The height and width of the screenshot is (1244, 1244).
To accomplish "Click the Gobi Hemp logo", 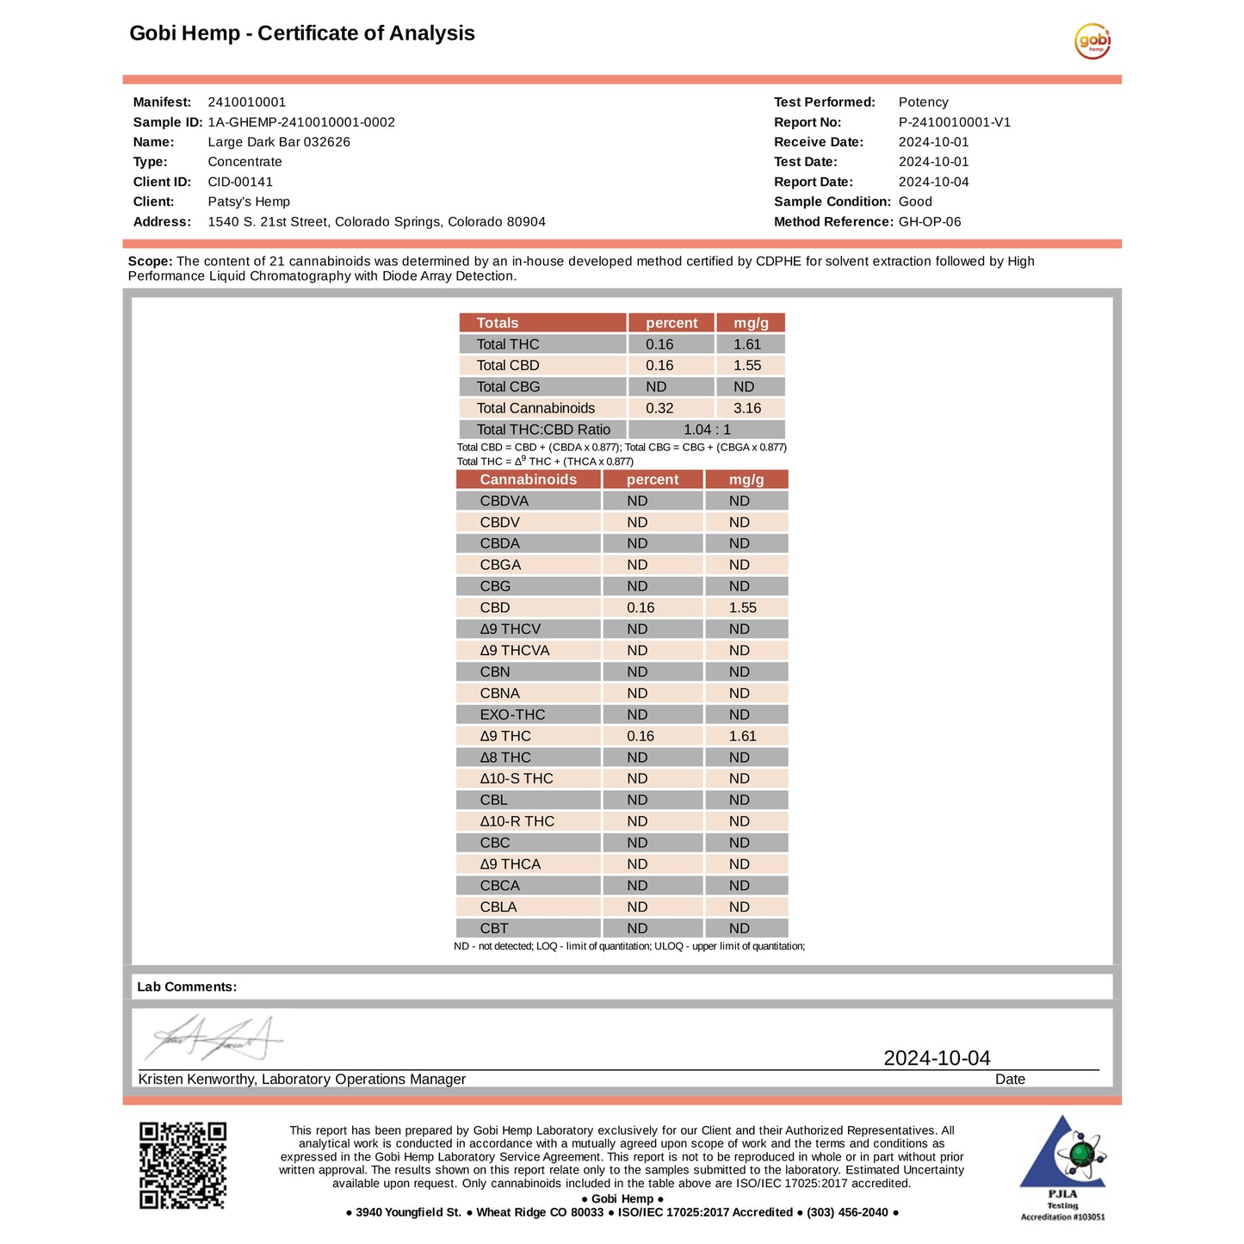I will (1092, 41).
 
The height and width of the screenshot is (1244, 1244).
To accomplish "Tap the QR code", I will (183, 1165).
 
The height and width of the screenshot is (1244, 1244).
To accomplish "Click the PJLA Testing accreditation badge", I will (1062, 1167).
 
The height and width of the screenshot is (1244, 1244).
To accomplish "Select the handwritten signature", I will (213, 1039).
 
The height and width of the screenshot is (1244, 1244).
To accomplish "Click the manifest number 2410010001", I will (246, 102).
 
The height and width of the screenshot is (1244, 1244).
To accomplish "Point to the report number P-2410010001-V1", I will (954, 122).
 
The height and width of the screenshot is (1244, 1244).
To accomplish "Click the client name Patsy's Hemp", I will (249, 201).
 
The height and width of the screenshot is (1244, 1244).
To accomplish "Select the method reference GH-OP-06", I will (930, 221).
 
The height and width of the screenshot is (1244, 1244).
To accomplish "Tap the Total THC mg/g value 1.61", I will (747, 344).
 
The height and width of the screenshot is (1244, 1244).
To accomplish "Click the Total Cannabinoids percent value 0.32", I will (659, 408).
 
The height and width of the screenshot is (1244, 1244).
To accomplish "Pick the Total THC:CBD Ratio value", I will (707, 430).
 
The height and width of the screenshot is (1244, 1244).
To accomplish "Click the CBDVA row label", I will (504, 501).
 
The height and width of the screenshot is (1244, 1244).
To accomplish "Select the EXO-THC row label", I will (512, 715).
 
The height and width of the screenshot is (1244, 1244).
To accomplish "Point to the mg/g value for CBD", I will (742, 608).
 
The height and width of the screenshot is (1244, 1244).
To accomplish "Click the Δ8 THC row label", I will (505, 758).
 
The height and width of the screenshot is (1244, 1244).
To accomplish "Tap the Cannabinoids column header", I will (528, 480).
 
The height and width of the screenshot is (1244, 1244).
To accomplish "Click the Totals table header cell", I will (498, 323).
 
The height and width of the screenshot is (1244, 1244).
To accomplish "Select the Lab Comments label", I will (187, 987).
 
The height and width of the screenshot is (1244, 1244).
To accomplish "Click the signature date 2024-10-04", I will (937, 1058).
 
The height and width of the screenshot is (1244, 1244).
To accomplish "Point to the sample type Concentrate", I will (244, 162).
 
